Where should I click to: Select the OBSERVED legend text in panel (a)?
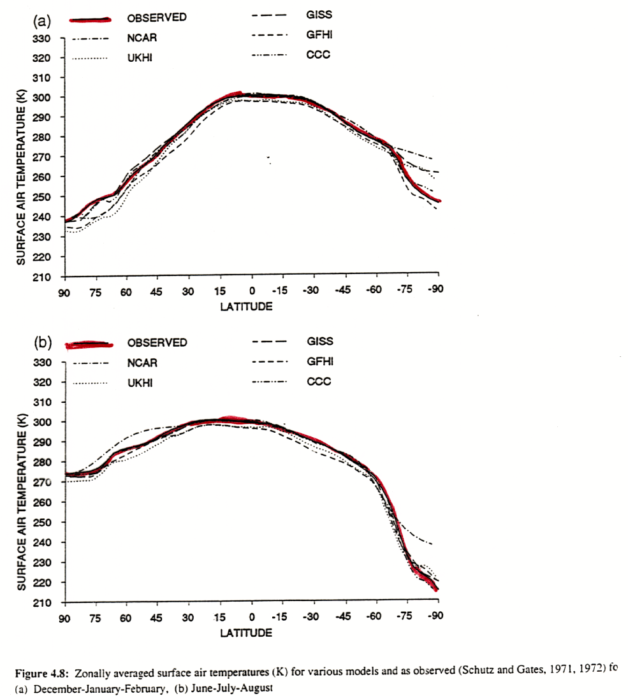tap(157, 18)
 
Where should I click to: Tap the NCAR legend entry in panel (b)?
tap(142, 363)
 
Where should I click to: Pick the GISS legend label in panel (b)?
tap(320, 342)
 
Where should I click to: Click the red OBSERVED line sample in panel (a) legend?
tap(87, 19)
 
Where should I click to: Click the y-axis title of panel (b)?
tap(21, 502)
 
